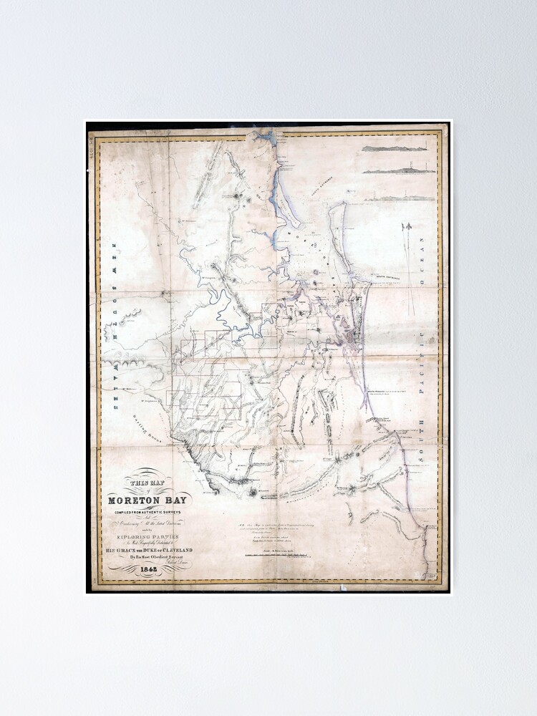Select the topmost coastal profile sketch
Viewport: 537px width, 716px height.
click(394, 148)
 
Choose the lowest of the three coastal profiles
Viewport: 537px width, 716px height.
click(398, 198)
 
